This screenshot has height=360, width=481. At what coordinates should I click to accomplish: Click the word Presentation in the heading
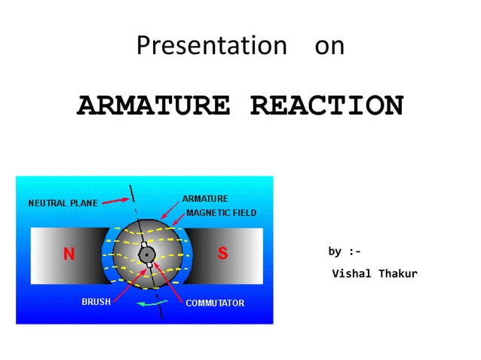(x=207, y=46)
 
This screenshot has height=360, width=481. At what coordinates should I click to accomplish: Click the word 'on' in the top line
(x=329, y=46)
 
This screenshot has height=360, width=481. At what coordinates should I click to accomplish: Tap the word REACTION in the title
(x=326, y=106)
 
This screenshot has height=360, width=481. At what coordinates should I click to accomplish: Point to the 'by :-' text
(x=345, y=251)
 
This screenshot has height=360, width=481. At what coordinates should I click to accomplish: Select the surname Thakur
(x=397, y=273)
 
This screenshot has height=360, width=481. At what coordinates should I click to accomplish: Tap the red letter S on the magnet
(x=223, y=254)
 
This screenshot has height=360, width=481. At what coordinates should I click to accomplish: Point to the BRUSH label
(x=96, y=301)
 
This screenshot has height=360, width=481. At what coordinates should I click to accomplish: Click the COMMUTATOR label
(x=215, y=303)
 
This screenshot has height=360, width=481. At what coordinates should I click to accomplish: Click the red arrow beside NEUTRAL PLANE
(x=114, y=201)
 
